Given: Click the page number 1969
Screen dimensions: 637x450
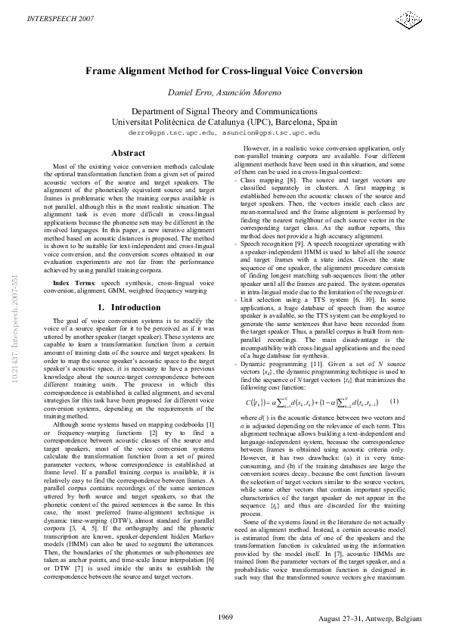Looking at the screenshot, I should tap(225, 617).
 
